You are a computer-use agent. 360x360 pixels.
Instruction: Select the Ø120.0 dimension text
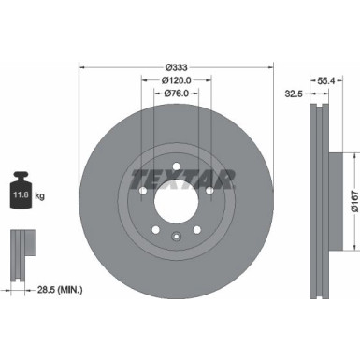coord(175,80)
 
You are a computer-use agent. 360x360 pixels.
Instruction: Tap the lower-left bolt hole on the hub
coord(152,228)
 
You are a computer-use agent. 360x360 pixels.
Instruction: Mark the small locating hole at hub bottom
coord(175,235)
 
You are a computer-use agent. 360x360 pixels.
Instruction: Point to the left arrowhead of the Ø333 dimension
coord(81,65)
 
